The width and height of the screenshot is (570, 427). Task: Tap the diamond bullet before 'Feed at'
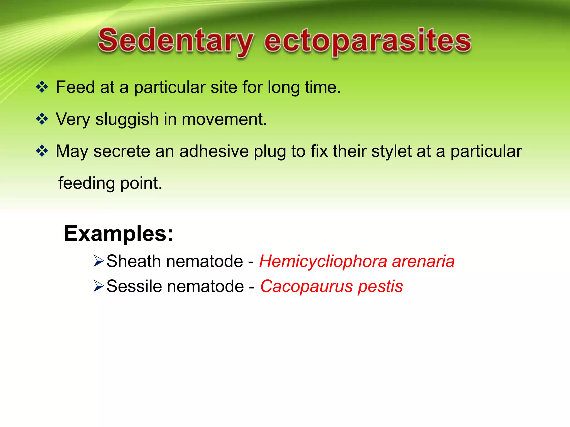point(42,87)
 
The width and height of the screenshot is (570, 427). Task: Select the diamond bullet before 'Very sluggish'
point(42,119)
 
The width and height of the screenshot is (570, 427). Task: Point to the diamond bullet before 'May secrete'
point(42,151)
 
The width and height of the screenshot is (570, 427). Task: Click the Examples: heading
point(119,234)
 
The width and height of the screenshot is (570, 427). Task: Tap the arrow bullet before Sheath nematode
point(99,261)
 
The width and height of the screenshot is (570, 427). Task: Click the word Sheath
point(134,261)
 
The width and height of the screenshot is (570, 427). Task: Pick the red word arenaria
point(423,261)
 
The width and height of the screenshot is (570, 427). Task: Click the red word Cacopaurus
point(306,286)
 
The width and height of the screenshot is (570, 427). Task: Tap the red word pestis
point(380,287)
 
